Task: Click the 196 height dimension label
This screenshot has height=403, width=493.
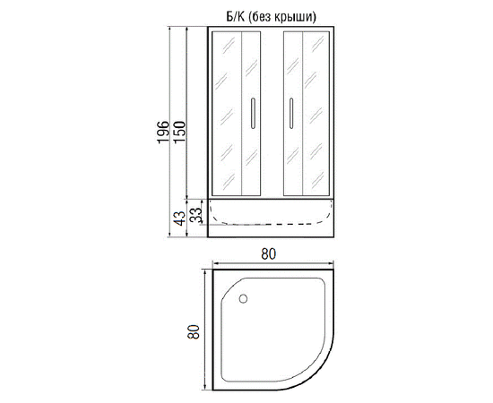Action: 163,132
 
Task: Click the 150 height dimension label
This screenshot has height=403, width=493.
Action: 180,132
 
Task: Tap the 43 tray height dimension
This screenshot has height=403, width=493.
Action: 180,218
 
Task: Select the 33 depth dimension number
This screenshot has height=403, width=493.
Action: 196,215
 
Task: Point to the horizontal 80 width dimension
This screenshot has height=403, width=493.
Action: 269,254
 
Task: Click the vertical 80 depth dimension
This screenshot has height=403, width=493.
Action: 194,331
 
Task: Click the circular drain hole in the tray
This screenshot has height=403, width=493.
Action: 243,299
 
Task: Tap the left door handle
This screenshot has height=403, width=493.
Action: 253,113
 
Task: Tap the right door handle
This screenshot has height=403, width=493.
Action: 291,113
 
